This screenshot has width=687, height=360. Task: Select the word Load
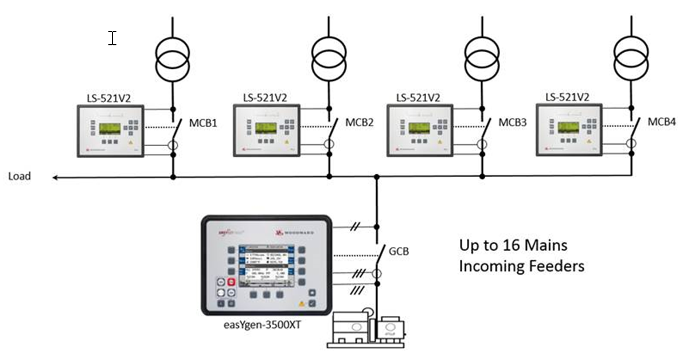pyautogui.click(x=19, y=177)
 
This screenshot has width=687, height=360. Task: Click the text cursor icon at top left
pyautogui.click(x=112, y=38)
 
